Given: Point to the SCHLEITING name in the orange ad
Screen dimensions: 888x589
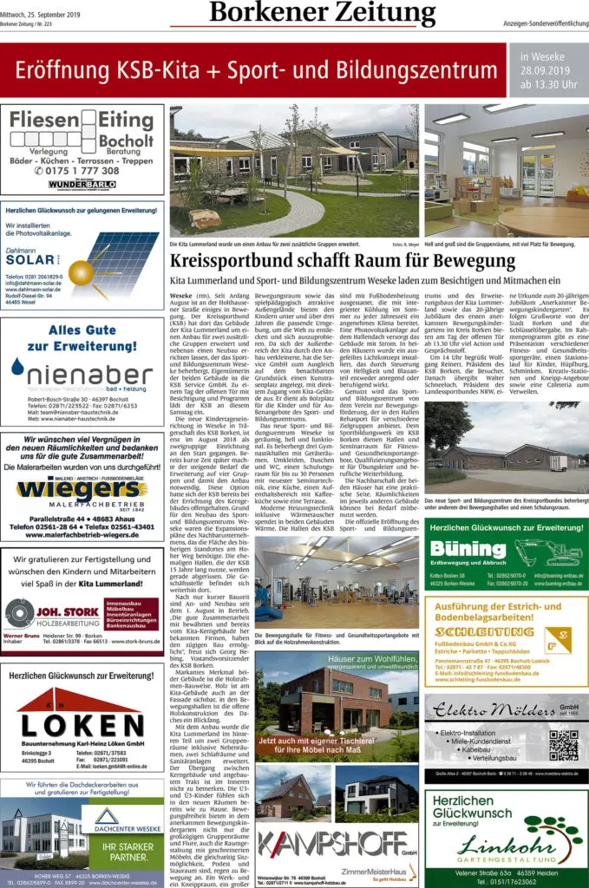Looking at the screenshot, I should click(484, 631).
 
